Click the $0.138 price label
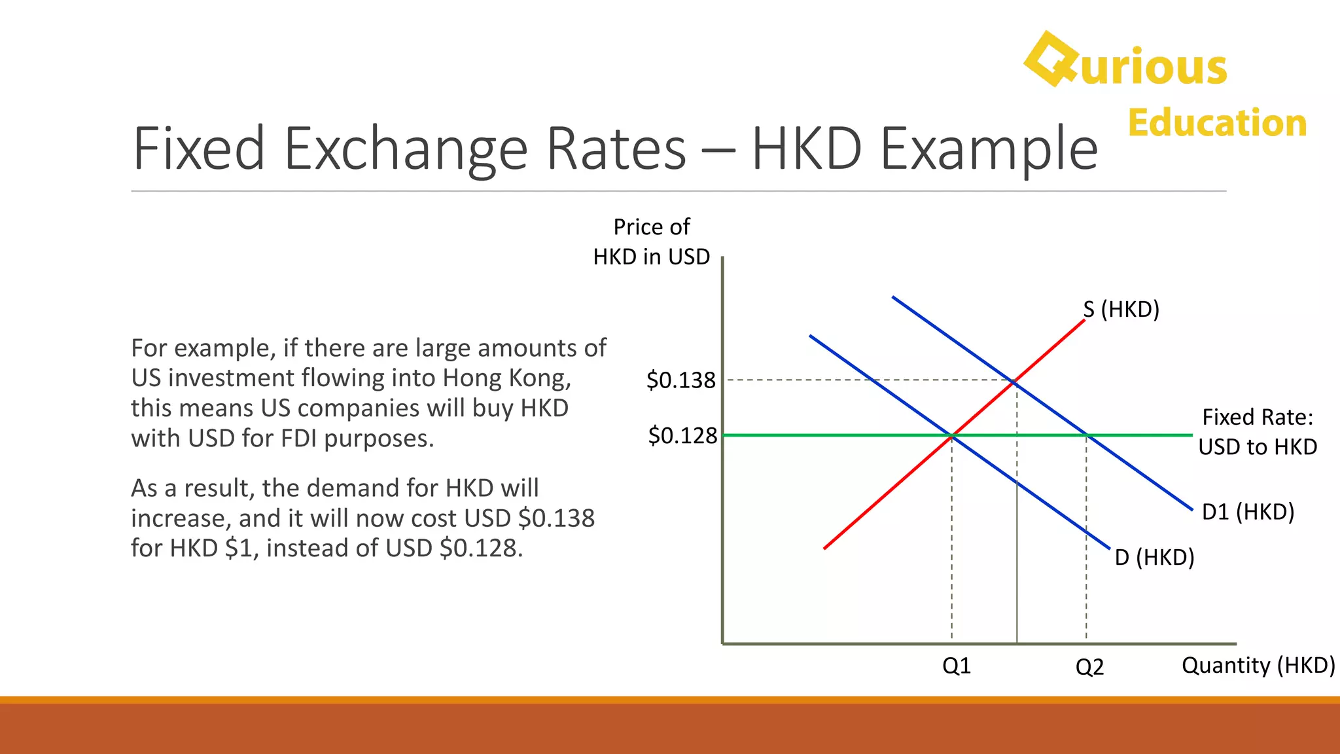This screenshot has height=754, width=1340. click(x=680, y=380)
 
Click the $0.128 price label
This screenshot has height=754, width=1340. click(x=682, y=435)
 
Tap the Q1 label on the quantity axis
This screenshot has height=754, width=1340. click(x=956, y=666)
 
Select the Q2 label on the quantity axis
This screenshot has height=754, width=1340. click(x=1089, y=667)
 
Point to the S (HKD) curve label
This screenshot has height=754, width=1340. click(x=1121, y=309)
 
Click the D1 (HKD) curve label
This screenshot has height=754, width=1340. click(x=1248, y=512)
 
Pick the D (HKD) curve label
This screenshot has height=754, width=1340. click(x=1154, y=558)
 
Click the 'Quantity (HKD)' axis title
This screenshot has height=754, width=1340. click(x=1258, y=665)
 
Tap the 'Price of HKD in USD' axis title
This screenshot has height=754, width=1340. click(x=651, y=242)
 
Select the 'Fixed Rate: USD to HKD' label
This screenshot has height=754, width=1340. click(x=1257, y=432)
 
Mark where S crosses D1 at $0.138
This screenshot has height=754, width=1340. click(x=1014, y=381)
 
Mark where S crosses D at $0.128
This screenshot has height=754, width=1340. click(x=952, y=435)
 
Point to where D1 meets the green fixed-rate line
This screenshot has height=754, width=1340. click(x=1087, y=435)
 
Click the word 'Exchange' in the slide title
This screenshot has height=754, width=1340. click(x=406, y=149)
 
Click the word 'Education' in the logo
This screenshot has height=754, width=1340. click(x=1217, y=123)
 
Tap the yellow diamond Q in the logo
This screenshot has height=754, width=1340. click(x=1050, y=59)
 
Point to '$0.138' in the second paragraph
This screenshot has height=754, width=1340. click(x=556, y=518)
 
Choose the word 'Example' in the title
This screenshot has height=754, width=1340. click(x=989, y=149)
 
